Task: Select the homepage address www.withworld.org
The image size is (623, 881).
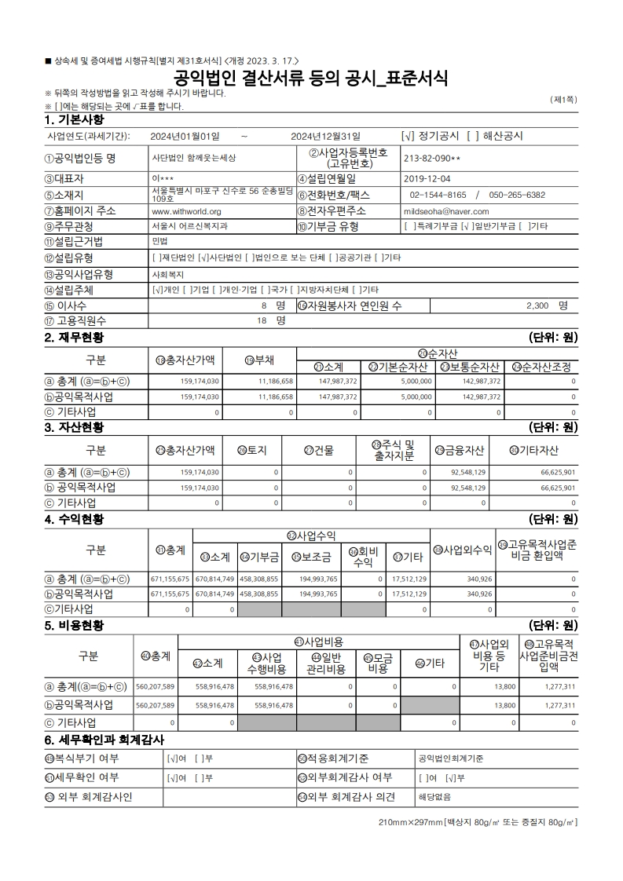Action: (185, 211)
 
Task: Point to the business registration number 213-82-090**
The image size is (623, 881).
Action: (433, 157)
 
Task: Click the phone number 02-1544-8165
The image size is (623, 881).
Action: (438, 195)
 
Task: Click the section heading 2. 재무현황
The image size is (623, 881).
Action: (75, 338)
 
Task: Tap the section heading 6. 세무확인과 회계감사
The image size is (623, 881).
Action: (104, 740)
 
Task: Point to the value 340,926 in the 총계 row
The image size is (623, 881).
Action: (479, 579)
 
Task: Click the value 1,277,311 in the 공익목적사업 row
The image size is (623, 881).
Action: (559, 705)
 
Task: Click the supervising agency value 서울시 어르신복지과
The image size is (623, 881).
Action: (189, 226)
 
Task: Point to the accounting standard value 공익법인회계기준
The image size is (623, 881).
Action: (451, 759)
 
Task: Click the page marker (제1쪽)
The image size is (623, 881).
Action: (564, 100)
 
